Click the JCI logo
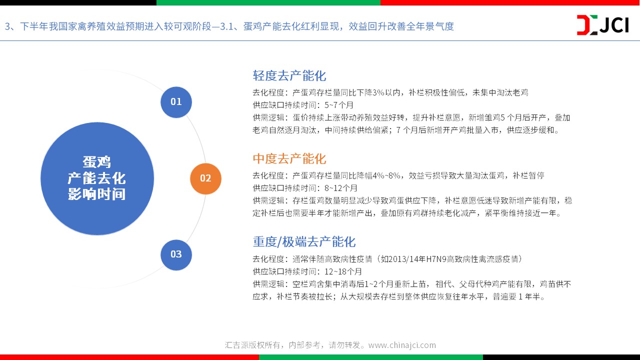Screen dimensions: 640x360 (x=602, y=25)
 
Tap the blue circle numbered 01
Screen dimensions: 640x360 (x=176, y=102)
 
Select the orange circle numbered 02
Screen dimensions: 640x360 (x=205, y=178)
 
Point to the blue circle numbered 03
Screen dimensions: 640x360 (x=176, y=254)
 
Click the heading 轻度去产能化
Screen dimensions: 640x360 (x=289, y=75)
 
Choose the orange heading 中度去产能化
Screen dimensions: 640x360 (x=289, y=158)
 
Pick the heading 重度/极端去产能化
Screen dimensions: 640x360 (x=304, y=241)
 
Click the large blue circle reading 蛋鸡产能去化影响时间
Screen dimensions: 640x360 (x=97, y=178)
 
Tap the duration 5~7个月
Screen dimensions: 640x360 (x=339, y=105)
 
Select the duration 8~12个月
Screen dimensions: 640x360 (x=341, y=188)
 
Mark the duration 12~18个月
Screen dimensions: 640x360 (x=343, y=271)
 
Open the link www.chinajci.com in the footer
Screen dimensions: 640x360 (x=402, y=345)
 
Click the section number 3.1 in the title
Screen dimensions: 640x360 (x=227, y=26)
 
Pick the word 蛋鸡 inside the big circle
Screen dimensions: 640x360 (x=97, y=162)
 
